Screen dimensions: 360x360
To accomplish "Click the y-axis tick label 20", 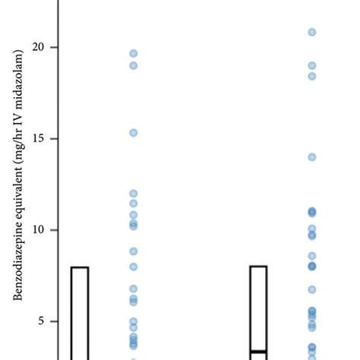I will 39,47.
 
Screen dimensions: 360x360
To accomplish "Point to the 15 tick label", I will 39,139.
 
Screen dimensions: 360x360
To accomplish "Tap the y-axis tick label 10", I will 39,230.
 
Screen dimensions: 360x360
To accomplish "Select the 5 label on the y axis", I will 43,321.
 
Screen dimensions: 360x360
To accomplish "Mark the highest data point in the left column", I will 133,53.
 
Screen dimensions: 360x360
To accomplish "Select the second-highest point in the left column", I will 133,65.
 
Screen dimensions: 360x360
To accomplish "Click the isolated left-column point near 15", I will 133,133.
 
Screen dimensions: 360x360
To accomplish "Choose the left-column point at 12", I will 133,194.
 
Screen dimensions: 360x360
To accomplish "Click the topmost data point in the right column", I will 311,32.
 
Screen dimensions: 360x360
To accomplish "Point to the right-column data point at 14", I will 311,157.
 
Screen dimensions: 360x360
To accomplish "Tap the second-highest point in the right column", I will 311,65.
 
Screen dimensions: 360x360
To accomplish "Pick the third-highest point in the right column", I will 311,76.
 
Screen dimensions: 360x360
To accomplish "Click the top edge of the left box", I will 80,267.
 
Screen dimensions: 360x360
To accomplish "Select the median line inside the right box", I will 258,352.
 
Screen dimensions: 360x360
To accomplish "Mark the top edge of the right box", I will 258,267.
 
